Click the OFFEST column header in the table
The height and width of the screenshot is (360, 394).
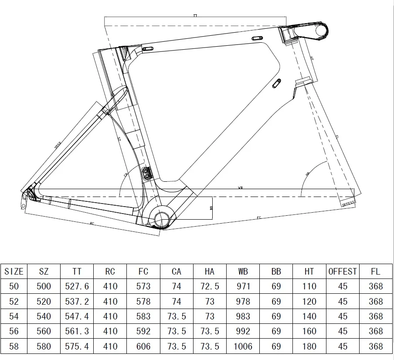tap(343, 271)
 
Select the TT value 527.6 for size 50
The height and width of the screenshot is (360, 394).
tap(77, 286)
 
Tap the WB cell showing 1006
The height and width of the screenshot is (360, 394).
tap(243, 346)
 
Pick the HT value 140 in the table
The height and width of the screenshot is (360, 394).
tap(309, 316)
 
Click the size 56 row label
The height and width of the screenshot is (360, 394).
tap(14, 331)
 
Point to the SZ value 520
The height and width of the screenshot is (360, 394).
tap(44, 301)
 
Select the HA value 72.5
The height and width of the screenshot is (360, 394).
tap(209, 286)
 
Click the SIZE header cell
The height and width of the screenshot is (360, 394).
tap(14, 271)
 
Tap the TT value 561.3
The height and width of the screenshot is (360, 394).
tap(77, 331)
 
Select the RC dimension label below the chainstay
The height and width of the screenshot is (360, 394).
tap(92, 223)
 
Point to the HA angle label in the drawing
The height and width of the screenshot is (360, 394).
tap(307, 173)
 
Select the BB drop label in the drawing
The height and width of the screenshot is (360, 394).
tap(211, 208)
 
